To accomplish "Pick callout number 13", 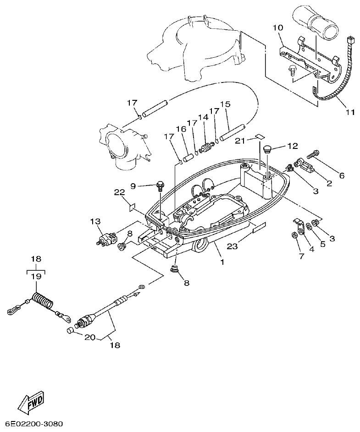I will (94, 222).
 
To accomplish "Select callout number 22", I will (119, 192).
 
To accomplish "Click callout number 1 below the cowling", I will (222, 262).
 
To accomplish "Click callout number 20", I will (90, 337).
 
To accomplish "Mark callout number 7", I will (301, 256).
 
